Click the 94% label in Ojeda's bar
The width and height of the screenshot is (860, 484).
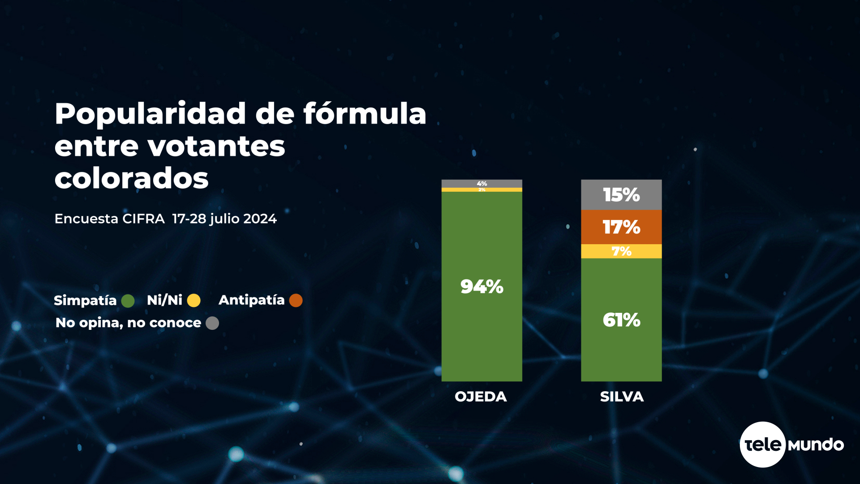(x=482, y=287)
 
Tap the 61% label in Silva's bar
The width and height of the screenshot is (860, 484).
(x=621, y=320)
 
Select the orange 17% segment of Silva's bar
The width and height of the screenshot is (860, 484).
(x=621, y=227)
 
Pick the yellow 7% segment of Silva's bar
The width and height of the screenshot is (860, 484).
(x=621, y=251)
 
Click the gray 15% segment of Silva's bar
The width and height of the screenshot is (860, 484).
(x=621, y=194)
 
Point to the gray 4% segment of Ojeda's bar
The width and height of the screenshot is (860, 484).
(x=482, y=184)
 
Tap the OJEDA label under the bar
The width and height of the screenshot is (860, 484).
(x=481, y=397)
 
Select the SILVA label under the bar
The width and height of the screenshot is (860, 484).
(x=622, y=397)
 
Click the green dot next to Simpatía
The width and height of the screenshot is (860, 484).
(x=128, y=301)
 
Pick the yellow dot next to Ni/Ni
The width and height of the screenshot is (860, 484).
(x=193, y=300)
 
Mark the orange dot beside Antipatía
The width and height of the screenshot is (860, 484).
(x=296, y=300)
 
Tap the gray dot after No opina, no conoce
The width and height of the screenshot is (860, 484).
(x=212, y=323)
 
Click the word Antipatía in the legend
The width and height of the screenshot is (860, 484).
(x=251, y=300)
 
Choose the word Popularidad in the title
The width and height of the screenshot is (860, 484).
(x=150, y=114)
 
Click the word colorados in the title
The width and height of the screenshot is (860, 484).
(x=131, y=178)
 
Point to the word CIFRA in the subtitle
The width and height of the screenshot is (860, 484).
(x=143, y=219)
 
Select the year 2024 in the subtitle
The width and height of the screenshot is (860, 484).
(x=260, y=219)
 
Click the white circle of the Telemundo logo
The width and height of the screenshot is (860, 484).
(x=762, y=445)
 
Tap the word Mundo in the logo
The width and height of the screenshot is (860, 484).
(x=816, y=445)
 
